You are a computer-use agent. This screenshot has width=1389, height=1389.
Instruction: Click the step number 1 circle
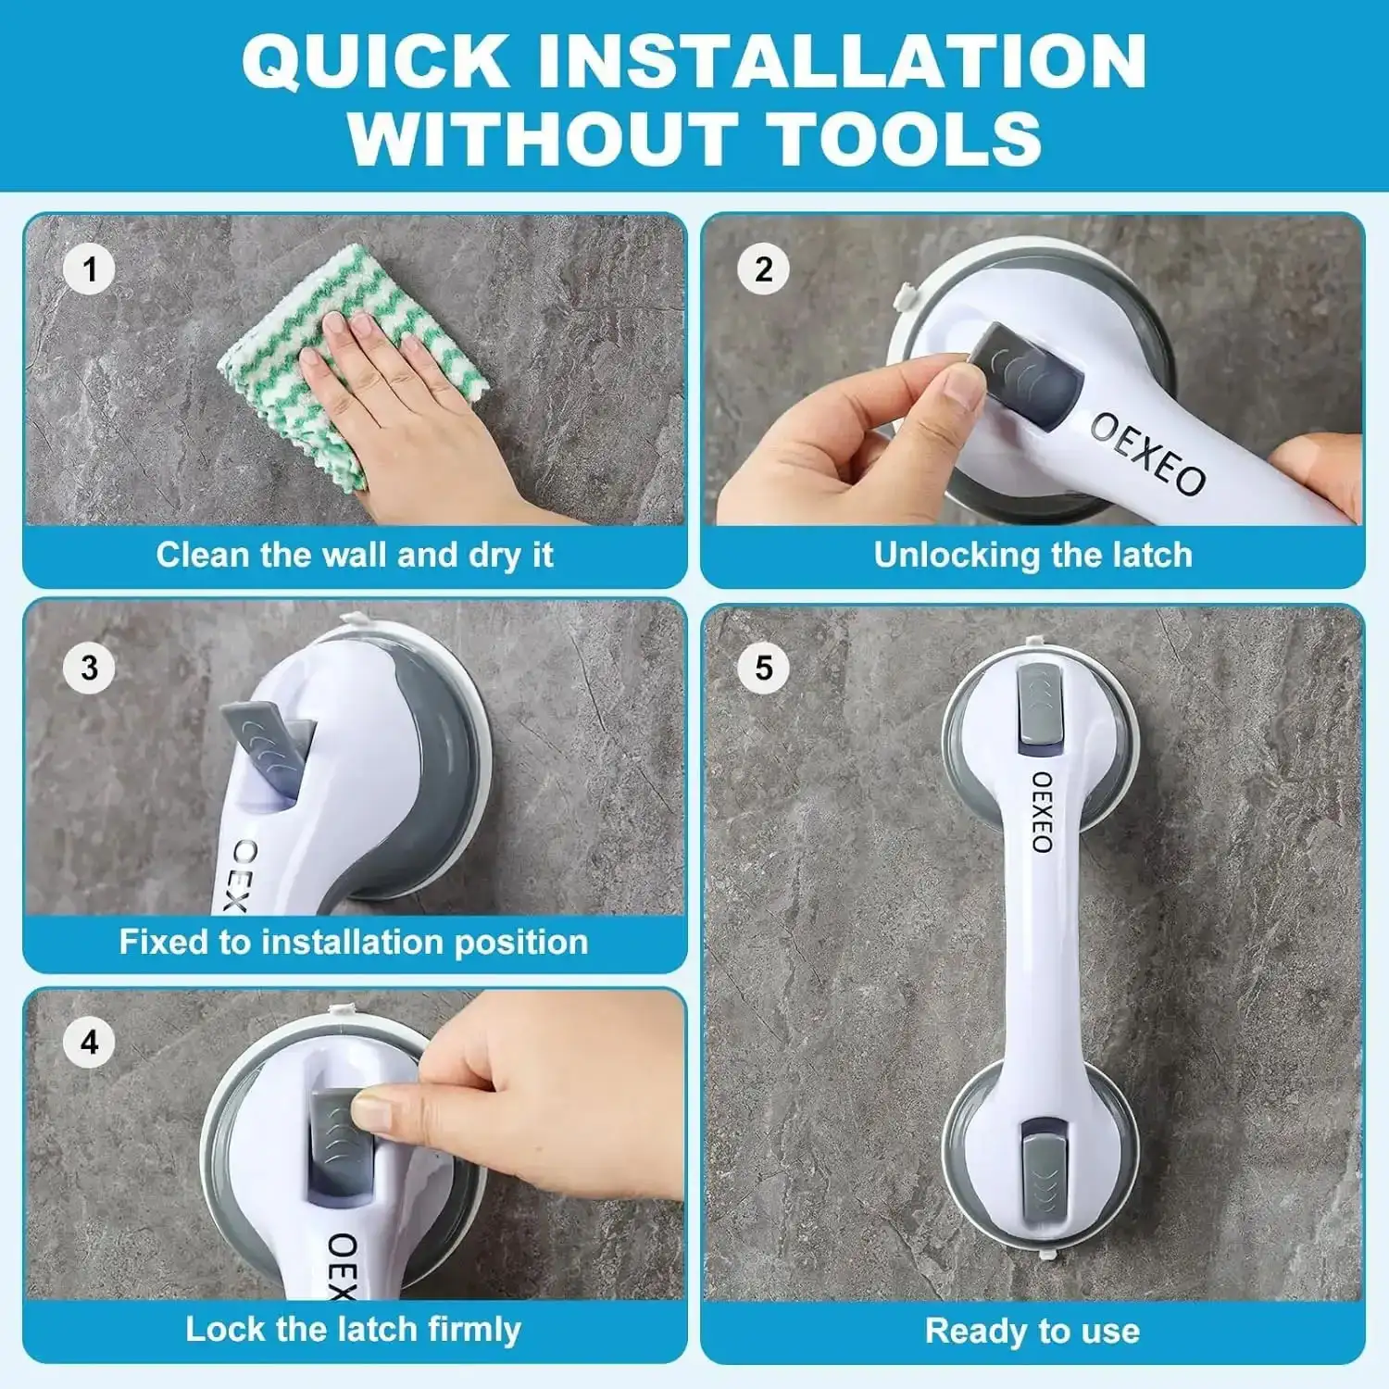coord(89,269)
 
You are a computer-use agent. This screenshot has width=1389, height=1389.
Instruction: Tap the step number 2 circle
coord(763,269)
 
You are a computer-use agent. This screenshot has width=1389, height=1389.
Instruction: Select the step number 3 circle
coord(89,668)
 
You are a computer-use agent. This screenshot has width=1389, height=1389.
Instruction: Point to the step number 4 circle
coord(89,1043)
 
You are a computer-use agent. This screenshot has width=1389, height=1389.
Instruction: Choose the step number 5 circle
coord(763,668)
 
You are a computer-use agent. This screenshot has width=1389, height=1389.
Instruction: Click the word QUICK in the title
coord(375,61)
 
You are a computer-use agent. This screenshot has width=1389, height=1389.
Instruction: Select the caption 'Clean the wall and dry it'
coord(354,555)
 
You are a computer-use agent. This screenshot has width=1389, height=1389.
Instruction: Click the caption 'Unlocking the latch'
coord(1032,555)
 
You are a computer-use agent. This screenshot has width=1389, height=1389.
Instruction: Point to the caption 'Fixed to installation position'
coord(354,942)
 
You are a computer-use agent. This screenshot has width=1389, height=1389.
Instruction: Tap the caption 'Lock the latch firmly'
coord(354,1329)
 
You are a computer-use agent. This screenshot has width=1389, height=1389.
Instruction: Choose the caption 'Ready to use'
coord(1032,1331)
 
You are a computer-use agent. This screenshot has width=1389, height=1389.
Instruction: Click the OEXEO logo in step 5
coord(1042,812)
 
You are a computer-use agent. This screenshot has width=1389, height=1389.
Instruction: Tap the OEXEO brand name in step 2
coord(1147,454)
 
